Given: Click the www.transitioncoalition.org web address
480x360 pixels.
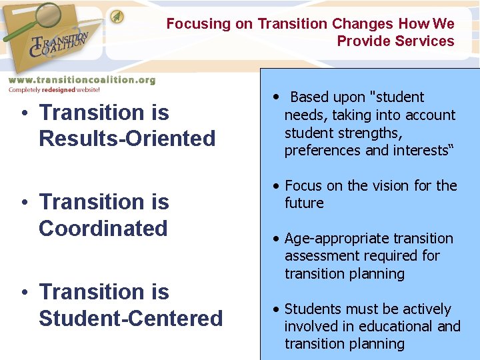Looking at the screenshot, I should click(81, 79).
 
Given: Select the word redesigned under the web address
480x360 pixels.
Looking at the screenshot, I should click(59, 89).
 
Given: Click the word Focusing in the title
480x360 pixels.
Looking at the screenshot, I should click(198, 24).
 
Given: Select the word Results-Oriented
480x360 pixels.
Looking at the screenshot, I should click(127, 139).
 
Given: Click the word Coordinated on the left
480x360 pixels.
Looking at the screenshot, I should click(103, 228).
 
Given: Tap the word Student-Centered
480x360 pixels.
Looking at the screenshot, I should click(131, 318).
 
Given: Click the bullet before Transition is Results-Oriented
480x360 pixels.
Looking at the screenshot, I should click(23, 113).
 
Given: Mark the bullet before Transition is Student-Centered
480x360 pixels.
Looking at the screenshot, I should click(23, 292).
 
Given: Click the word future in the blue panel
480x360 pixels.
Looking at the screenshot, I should click(304, 203).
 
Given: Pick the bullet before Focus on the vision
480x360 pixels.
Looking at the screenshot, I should click(275, 186).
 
